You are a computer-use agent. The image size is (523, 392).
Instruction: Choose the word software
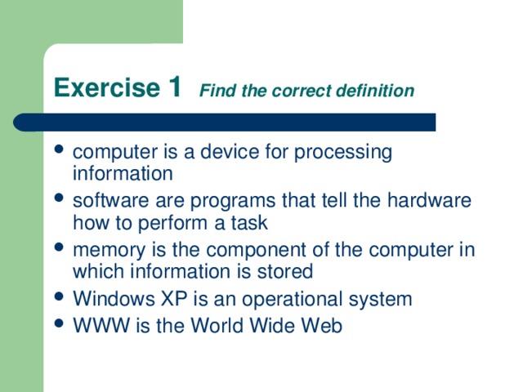coord(108,201)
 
